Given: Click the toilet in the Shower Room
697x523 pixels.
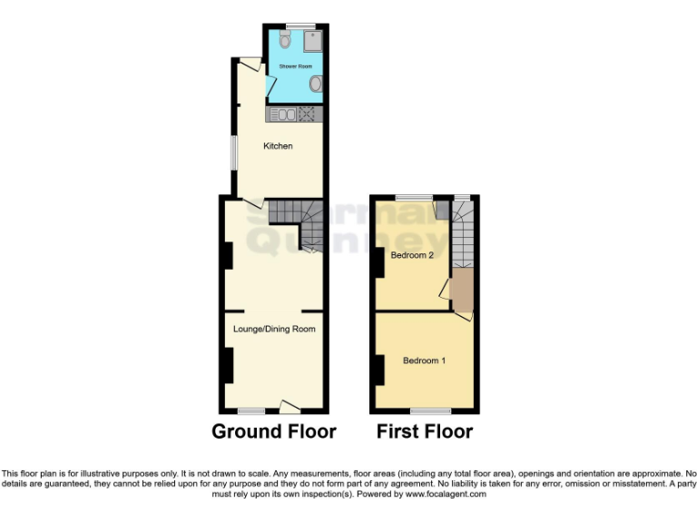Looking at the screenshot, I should click(285, 39).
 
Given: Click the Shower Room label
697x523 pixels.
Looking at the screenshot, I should click(295, 66).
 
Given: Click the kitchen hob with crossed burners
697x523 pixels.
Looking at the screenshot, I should click(307, 114).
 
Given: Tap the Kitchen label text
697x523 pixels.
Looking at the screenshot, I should click(278, 146).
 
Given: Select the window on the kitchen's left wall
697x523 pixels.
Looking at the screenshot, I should click(232, 151).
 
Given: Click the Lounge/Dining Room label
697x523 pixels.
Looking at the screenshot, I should click(274, 329).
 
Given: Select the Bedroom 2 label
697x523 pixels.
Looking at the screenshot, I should click(411, 255).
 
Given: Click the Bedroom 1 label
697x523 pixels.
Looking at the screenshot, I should click(424, 360).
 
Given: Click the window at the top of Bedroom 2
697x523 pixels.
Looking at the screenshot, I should click(413, 197).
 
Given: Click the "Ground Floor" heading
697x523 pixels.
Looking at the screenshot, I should click(274, 431).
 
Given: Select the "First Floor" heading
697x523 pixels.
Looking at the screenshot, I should click(425, 431).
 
